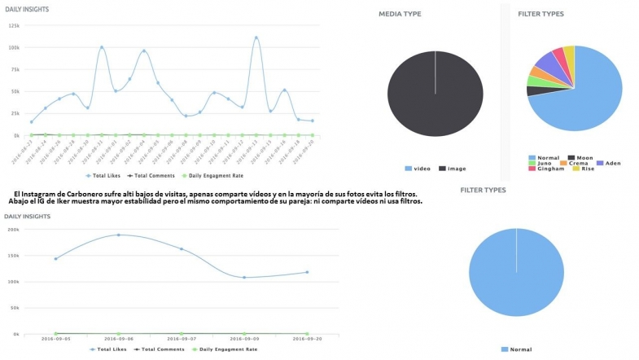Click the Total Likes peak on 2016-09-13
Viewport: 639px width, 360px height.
click(x=256, y=37)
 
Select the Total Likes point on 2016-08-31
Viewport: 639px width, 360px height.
click(x=102, y=47)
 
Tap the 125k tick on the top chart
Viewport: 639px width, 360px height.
click(x=14, y=26)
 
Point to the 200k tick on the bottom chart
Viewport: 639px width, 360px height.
click(x=12, y=230)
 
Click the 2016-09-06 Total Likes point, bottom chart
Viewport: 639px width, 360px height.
click(x=119, y=235)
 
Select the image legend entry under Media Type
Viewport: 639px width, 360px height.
click(x=453, y=168)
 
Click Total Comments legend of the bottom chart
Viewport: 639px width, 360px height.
click(x=159, y=349)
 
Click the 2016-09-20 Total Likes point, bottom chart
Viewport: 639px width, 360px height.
click(x=307, y=272)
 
